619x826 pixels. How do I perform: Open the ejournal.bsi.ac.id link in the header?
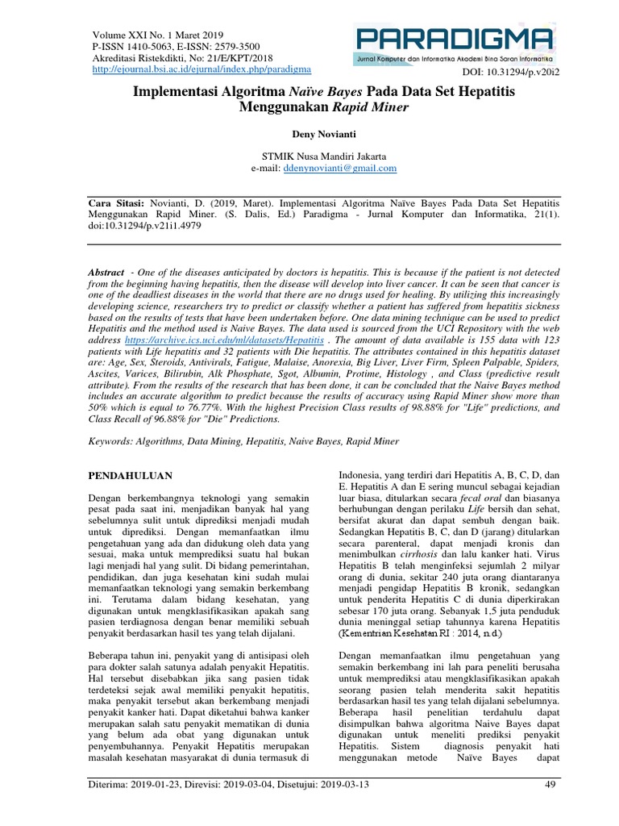pyautogui.click(x=196, y=69)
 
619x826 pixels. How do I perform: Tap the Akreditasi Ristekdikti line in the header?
pyautogui.click(x=171, y=58)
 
